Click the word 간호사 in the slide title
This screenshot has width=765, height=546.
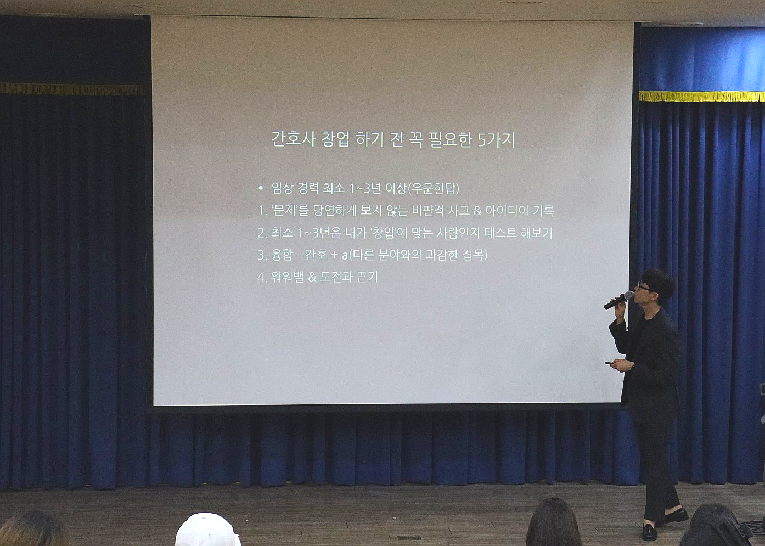(293, 139)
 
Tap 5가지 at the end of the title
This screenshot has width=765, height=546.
(496, 140)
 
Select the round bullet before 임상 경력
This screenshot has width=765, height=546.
(261, 188)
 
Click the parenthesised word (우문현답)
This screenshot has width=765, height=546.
(434, 188)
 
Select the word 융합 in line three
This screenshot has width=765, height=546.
(282, 255)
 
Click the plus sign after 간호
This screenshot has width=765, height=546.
(334, 255)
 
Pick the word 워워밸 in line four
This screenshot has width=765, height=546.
(287, 277)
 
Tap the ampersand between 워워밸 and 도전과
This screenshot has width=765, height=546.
(312, 277)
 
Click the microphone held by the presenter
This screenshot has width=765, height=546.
(618, 300)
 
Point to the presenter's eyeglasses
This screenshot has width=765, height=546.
(644, 287)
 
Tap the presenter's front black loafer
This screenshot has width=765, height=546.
(650, 532)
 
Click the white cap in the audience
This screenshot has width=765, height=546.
(207, 530)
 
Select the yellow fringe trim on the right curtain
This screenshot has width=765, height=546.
(702, 96)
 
